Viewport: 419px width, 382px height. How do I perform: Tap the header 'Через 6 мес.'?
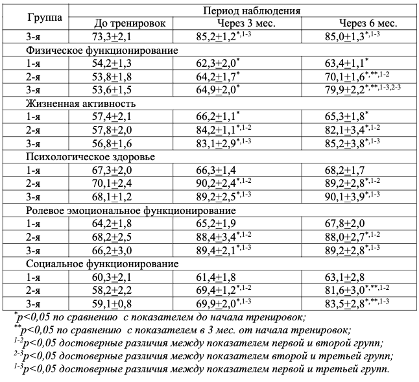click(x=363, y=23)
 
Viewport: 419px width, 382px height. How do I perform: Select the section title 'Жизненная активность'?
click(x=81, y=103)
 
